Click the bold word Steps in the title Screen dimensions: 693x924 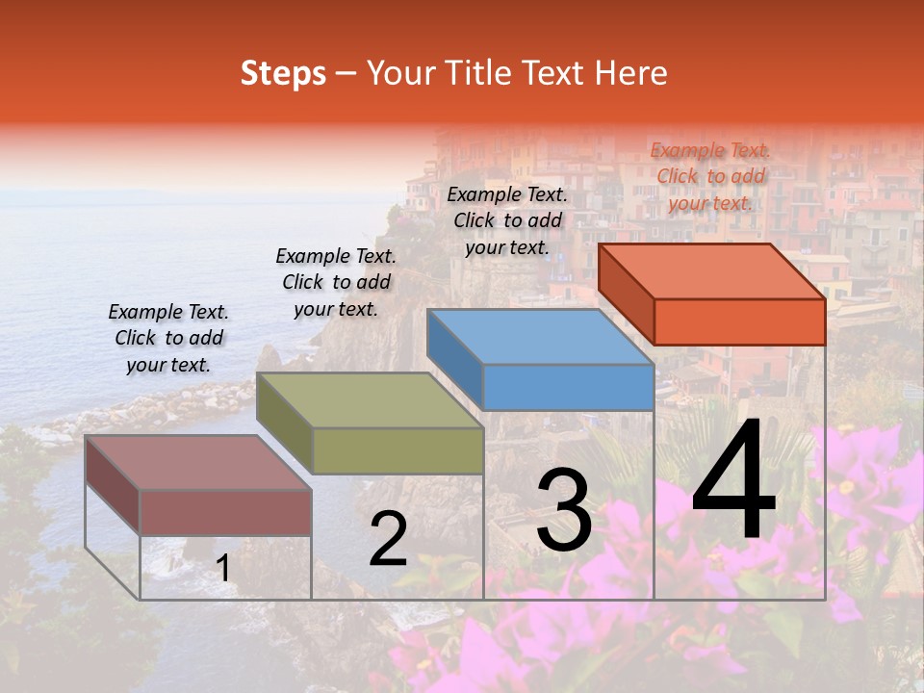tap(283, 73)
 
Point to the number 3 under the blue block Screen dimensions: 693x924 tap(564, 510)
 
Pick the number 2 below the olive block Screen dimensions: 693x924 tap(388, 539)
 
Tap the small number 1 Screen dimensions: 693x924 tap(223, 569)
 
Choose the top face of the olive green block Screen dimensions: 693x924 tap(370, 400)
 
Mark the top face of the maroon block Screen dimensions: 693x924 tap(198, 463)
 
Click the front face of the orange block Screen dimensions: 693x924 tap(739, 321)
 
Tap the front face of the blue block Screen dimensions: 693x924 tap(568, 387)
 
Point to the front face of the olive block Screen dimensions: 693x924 tap(398, 450)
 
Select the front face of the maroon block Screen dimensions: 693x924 tap(225, 512)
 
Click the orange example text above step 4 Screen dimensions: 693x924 tap(710, 176)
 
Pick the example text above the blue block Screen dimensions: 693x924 tap(507, 220)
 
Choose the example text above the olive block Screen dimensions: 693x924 tap(336, 282)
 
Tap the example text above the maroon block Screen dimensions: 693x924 tap(168, 338)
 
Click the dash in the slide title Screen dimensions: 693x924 tap(346, 74)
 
